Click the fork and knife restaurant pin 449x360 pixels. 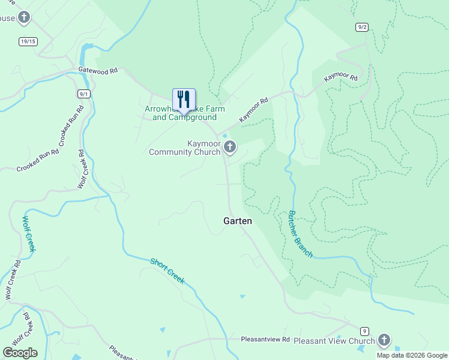184,99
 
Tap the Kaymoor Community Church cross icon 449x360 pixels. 229,147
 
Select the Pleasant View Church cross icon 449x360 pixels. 384,341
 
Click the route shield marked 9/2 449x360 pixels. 361,27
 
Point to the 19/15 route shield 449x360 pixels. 28,41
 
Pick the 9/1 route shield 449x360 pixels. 84,94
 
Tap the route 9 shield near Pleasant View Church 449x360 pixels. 364,331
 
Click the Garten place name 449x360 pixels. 238,221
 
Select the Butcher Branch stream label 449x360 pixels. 301,234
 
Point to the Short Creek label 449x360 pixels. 167,271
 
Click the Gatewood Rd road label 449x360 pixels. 98,71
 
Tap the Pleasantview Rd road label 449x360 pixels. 265,339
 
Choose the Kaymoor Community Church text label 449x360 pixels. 185,148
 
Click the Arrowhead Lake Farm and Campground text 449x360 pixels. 184,113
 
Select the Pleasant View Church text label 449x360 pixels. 334,341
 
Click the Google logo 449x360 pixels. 20,352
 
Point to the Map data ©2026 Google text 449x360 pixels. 411,355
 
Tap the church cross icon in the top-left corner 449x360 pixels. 24,17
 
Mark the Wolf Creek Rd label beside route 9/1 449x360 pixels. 82,170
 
